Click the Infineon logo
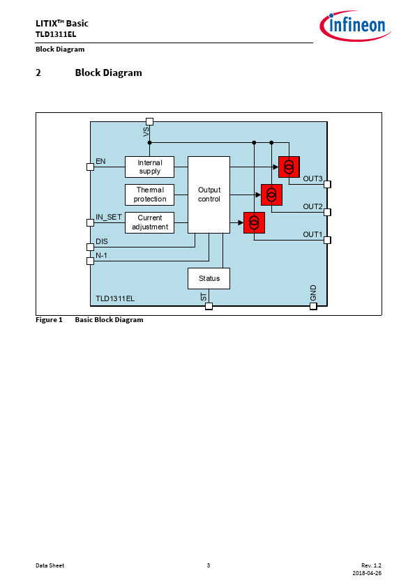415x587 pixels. [x=355, y=26]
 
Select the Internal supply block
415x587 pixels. [x=149, y=167]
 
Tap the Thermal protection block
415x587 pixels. [x=149, y=195]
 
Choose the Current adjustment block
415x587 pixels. [x=149, y=223]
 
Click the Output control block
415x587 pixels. [x=209, y=195]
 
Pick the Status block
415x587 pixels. [x=209, y=279]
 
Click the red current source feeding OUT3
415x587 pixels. [x=289, y=167]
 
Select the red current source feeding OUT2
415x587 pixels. [x=271, y=195]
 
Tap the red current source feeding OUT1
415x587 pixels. [x=254, y=223]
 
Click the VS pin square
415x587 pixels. [x=149, y=122]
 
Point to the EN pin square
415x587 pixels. [x=90, y=167]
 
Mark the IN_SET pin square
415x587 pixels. [x=90, y=223]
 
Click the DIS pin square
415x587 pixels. [x=90, y=247]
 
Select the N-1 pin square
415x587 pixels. [x=90, y=261]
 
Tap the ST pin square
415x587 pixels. [x=209, y=306]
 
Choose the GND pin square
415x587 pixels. [x=313, y=306]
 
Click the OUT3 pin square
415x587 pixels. [x=327, y=184]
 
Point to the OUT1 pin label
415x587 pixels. [x=312, y=234]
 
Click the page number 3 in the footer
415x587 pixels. [x=209, y=565]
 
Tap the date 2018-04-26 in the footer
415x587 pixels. [x=367, y=573]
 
